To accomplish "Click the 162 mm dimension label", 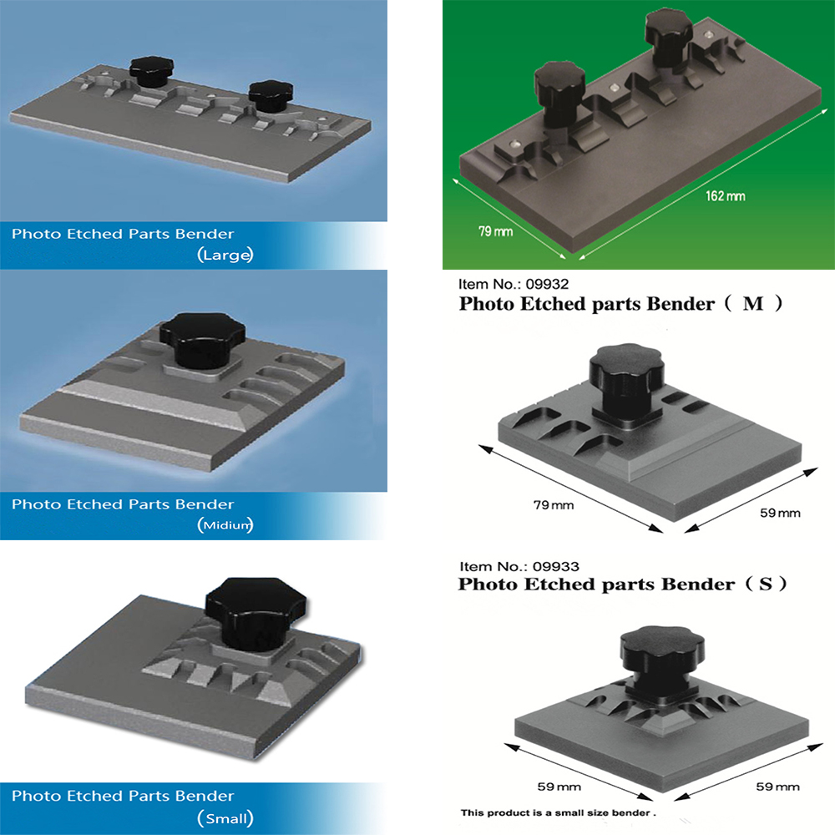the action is pyautogui.click(x=726, y=196).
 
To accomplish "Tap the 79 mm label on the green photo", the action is pyautogui.click(x=495, y=231).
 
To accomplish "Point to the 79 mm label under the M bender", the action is pyautogui.click(x=554, y=505).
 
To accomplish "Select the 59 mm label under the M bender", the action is pyautogui.click(x=780, y=513).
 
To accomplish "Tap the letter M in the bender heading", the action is pyautogui.click(x=753, y=304).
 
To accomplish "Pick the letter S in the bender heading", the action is pyautogui.click(x=766, y=584).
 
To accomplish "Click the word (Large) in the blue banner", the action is pyautogui.click(x=225, y=255).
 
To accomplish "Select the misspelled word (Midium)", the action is pyautogui.click(x=225, y=525).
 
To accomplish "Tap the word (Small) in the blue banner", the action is pyautogui.click(x=225, y=818).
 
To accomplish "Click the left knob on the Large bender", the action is pyautogui.click(x=151, y=70).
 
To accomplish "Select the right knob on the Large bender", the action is pyautogui.click(x=271, y=96).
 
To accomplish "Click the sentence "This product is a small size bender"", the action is pyautogui.click(x=558, y=812).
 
